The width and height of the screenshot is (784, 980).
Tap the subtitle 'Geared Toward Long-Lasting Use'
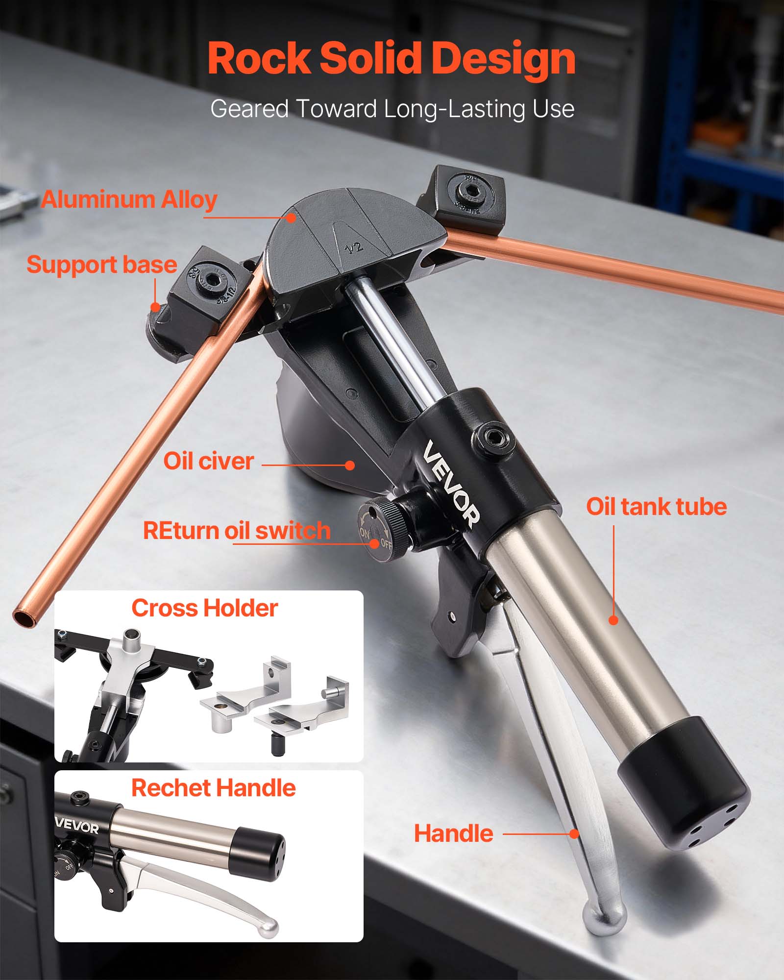(x=392, y=109)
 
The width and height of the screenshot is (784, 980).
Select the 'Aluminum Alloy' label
(x=129, y=199)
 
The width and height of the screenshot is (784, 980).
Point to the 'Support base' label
(x=101, y=265)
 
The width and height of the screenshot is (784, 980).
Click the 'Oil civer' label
(x=208, y=461)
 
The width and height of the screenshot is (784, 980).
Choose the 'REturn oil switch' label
(x=237, y=531)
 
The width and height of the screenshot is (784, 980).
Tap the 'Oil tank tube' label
(x=656, y=507)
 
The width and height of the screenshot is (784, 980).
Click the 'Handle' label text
(x=453, y=833)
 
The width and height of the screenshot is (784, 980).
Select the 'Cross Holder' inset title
(x=204, y=608)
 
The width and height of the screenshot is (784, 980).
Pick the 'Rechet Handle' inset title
(x=213, y=788)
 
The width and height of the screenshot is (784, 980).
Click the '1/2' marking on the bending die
(x=354, y=247)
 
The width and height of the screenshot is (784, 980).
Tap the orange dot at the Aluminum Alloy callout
(x=291, y=218)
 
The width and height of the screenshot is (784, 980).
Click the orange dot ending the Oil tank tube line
(x=613, y=620)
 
